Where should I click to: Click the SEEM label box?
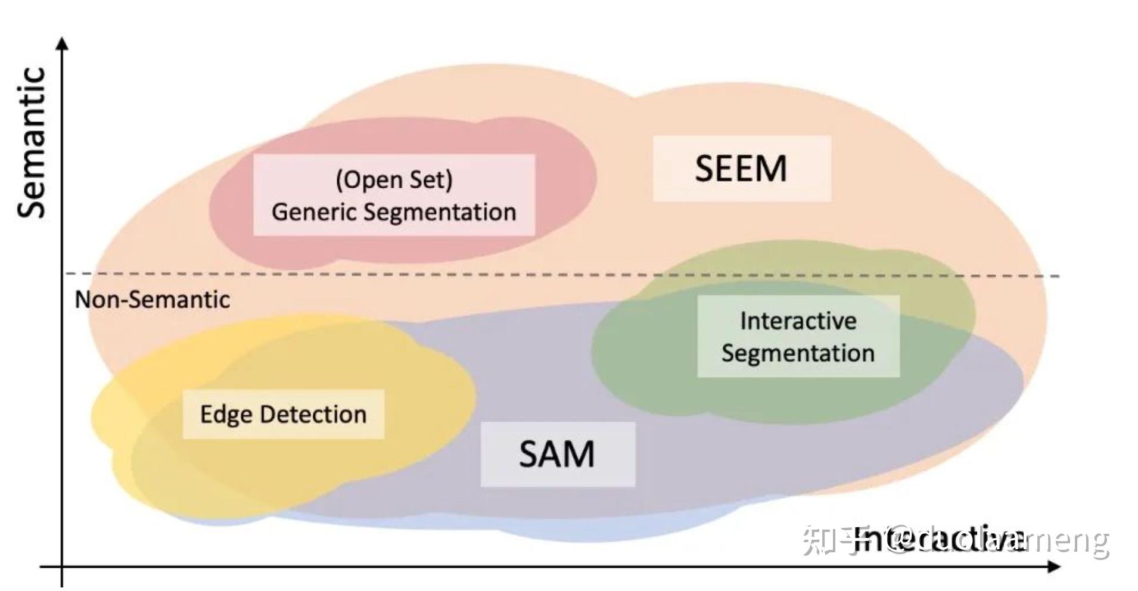[741, 169]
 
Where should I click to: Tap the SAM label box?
[557, 455]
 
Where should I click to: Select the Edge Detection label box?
[283, 415]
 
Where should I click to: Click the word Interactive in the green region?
[798, 321]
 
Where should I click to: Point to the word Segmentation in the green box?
[798, 353]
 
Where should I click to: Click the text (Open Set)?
[394, 179]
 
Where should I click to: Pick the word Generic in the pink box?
[313, 212]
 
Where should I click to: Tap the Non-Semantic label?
[152, 300]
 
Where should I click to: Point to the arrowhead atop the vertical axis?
[62, 43]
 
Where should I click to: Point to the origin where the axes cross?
[62, 567]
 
